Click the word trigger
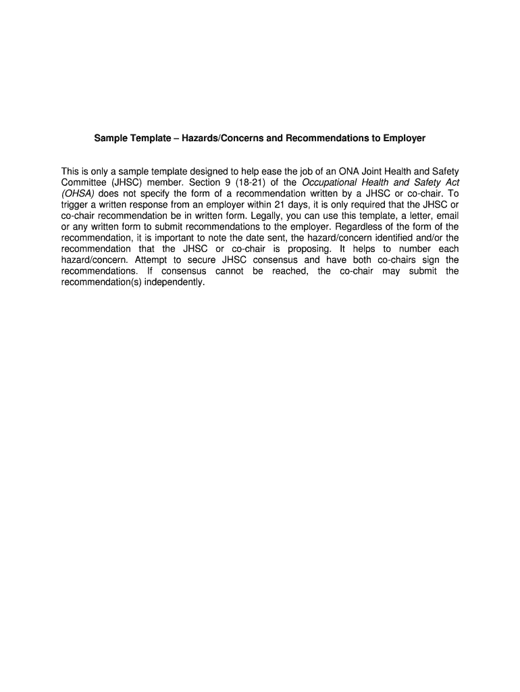74,204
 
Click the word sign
428,260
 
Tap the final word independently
174,282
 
